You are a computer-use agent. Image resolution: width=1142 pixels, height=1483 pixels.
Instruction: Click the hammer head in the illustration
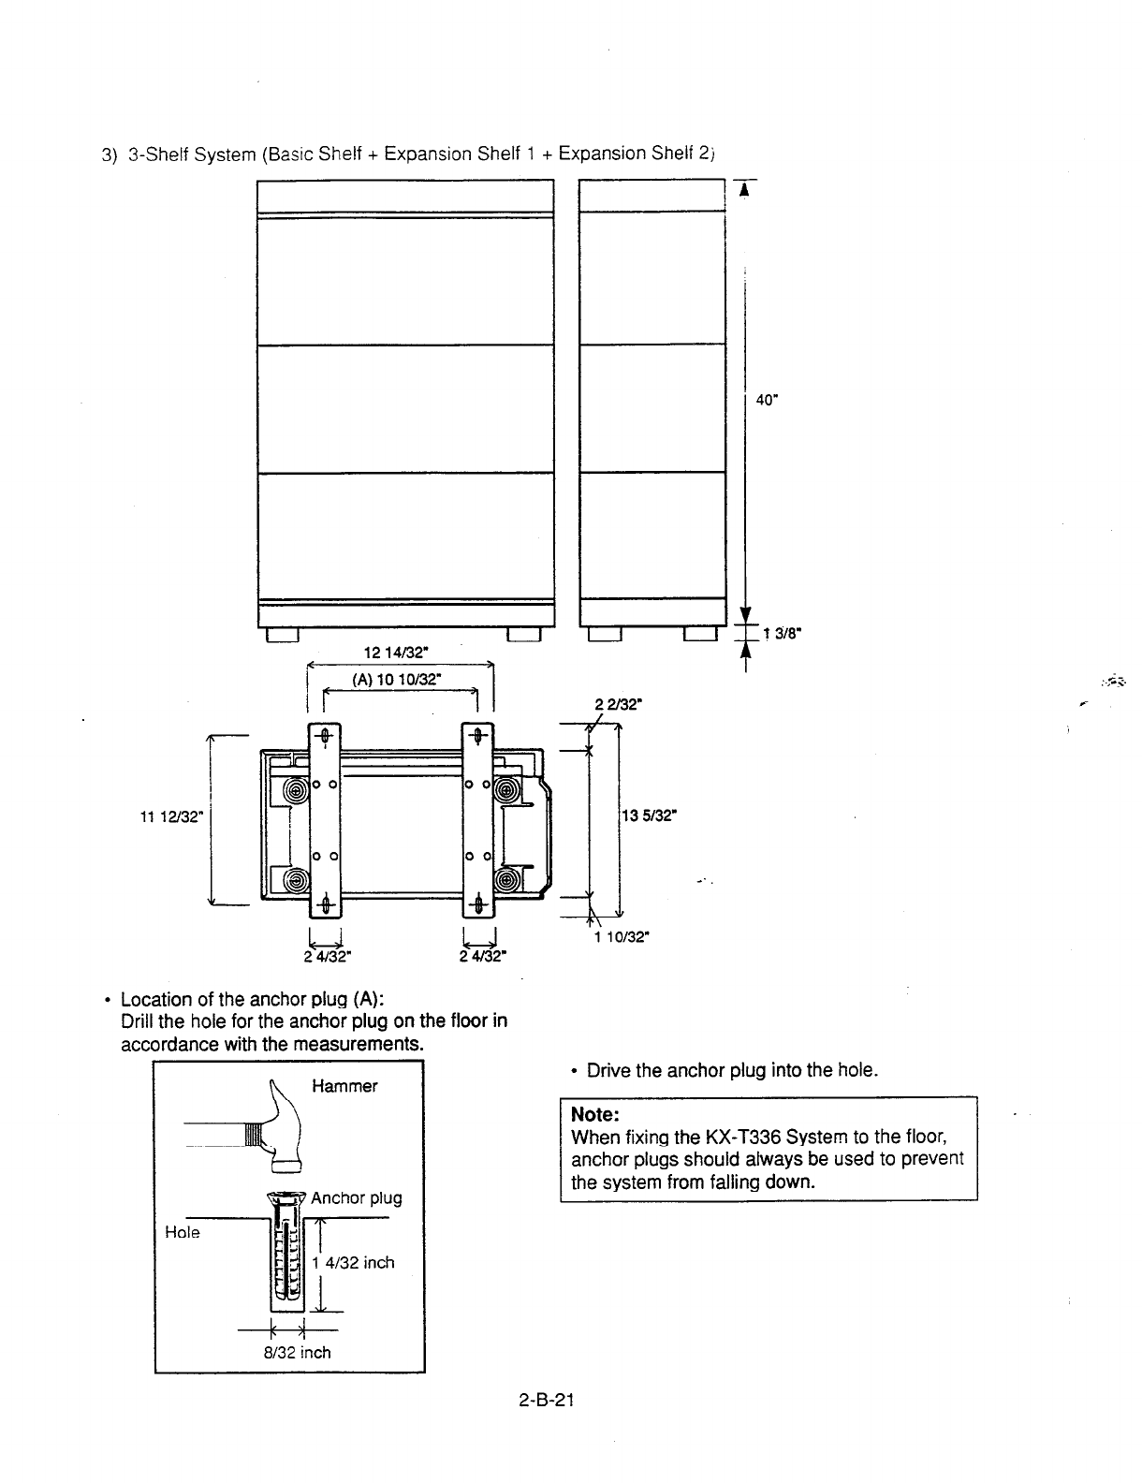coord(284,1136)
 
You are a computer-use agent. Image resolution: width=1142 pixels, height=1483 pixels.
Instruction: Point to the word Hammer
coord(344,1086)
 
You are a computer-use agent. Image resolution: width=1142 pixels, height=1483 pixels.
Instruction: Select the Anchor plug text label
coord(356,1197)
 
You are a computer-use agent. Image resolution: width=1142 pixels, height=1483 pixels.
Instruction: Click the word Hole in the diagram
coord(183,1232)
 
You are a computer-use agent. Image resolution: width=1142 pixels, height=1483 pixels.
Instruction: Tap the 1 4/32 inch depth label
coord(353,1262)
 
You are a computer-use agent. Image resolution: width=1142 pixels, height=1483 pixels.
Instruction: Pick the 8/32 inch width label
coord(296,1352)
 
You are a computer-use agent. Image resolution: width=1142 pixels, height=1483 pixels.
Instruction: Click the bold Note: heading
coord(595,1115)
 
